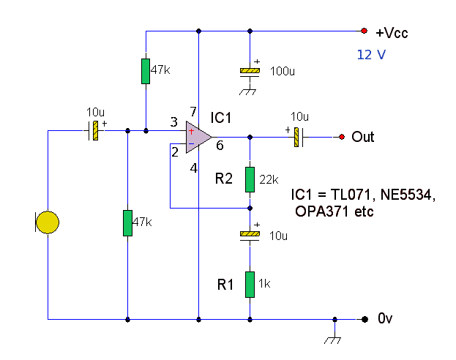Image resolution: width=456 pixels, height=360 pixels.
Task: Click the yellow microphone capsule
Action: [48, 222]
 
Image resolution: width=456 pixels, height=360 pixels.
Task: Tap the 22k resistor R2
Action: [250, 179]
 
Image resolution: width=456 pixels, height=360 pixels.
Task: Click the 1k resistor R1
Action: [250, 284]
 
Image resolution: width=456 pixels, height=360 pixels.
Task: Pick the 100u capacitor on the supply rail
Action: [250, 71]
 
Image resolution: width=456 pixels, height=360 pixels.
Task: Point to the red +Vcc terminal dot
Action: [363, 31]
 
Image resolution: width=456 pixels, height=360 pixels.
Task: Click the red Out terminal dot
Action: [341, 137]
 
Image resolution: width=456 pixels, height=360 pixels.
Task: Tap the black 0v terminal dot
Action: [364, 319]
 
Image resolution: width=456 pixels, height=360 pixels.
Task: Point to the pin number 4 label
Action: [194, 168]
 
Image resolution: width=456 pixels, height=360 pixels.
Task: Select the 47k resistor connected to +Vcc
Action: [146, 71]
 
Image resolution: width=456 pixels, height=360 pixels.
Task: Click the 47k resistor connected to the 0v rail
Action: [128, 222]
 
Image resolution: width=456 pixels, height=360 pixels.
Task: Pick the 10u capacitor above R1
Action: [250, 235]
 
